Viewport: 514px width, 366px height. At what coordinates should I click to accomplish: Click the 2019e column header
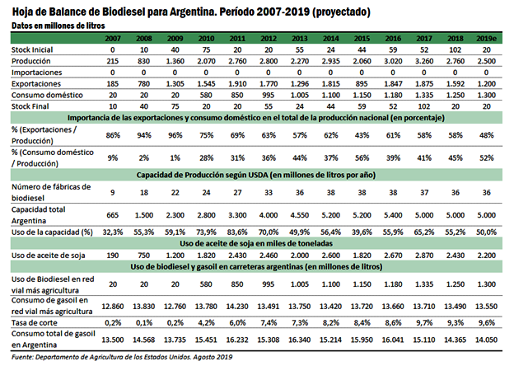485,39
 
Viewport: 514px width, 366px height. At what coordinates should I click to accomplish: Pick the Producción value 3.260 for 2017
425,62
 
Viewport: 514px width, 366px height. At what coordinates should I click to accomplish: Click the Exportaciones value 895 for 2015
360,83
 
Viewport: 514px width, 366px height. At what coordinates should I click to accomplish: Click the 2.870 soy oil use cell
425,256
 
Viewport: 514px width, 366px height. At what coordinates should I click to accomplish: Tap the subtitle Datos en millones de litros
59,26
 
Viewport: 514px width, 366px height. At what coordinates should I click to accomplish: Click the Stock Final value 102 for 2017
425,106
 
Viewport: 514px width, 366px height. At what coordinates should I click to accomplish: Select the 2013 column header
299,39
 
